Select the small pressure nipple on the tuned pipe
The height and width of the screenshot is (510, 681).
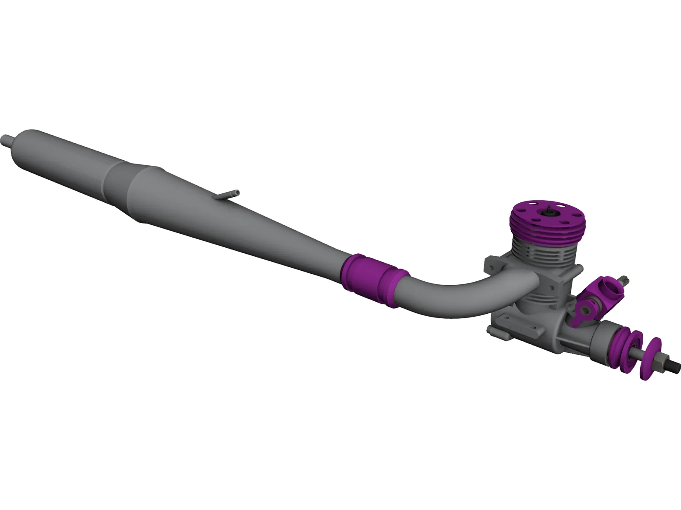click(x=230, y=195)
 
